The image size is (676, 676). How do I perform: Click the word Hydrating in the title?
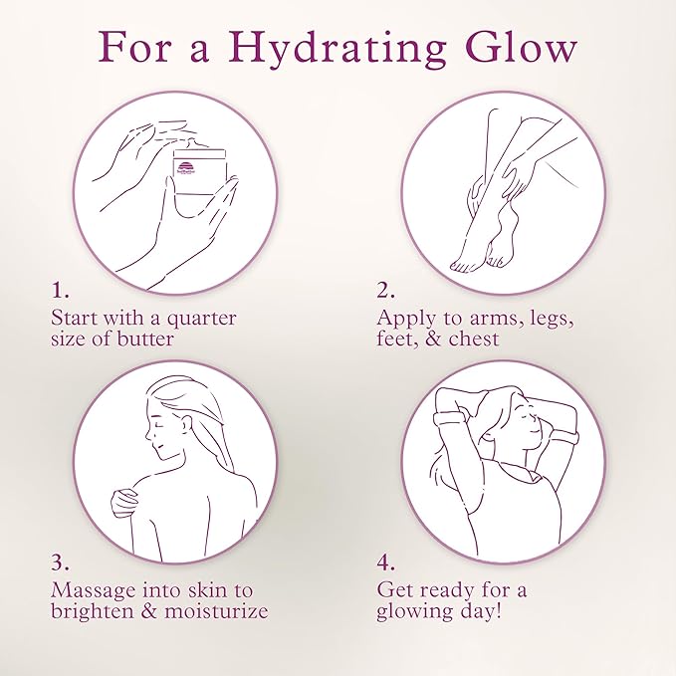click(338, 51)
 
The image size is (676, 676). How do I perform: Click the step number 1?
click(60, 291)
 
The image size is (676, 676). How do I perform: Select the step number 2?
click(385, 291)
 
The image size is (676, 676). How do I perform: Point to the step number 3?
click(60, 563)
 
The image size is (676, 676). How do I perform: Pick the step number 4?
click(386, 563)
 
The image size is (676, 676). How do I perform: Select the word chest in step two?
click(473, 338)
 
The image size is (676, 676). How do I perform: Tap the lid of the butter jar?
click(199, 153)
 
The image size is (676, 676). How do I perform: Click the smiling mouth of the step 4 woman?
click(534, 431)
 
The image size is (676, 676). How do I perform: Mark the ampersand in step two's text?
click(433, 338)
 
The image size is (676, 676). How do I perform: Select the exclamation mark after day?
click(499, 611)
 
